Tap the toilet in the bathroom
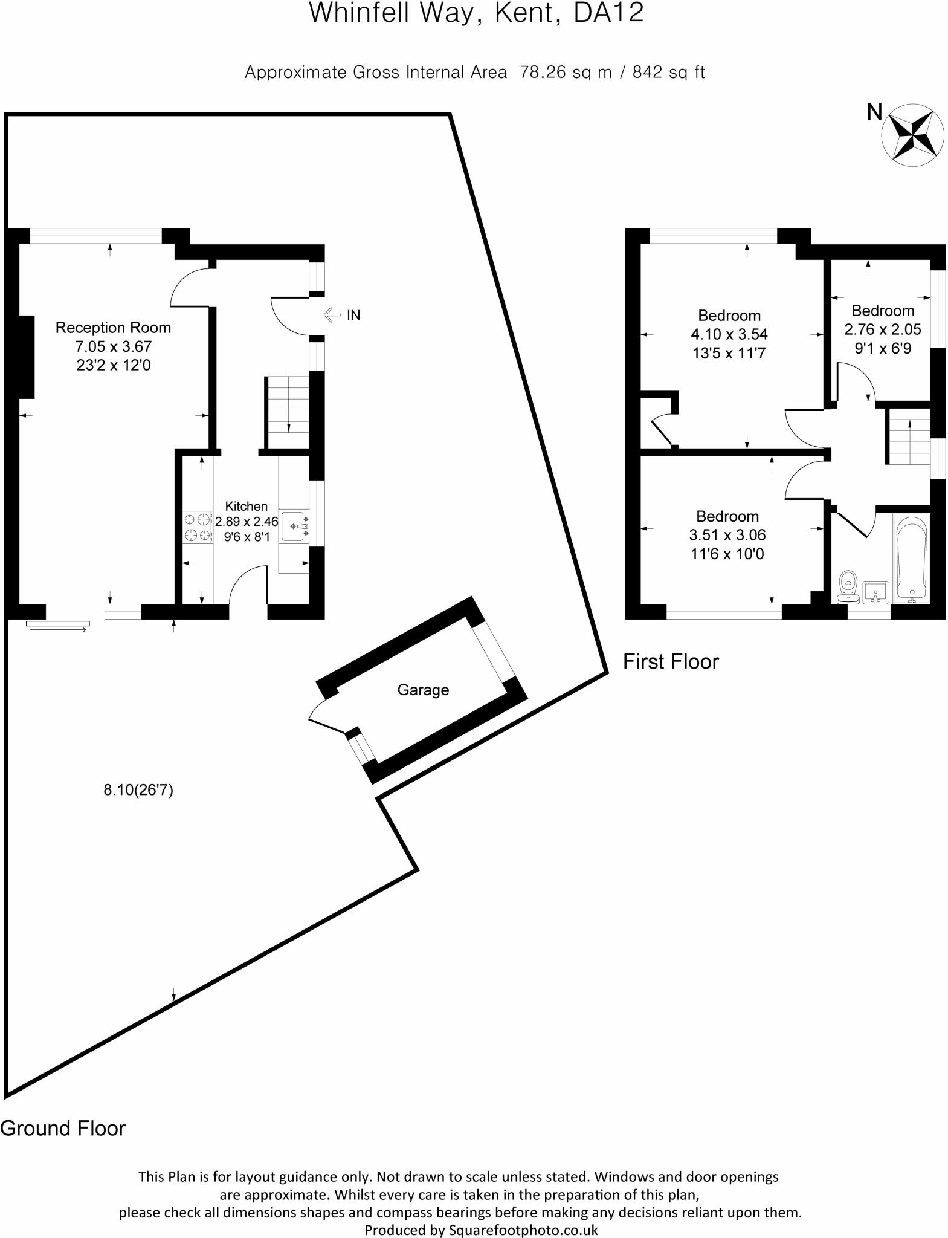pyautogui.click(x=849, y=586)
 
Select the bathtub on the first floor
pyautogui.click(x=911, y=558)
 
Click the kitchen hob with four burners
pyautogui.click(x=198, y=527)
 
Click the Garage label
pyautogui.click(x=423, y=690)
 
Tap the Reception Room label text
pyautogui.click(x=113, y=328)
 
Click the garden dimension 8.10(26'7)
pyautogui.click(x=138, y=789)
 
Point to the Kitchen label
pyautogui.click(x=246, y=506)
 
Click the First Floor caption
pyautogui.click(x=671, y=661)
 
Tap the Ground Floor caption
pyautogui.click(x=63, y=1128)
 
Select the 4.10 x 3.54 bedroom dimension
pyautogui.click(x=729, y=334)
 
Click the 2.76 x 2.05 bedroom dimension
pyautogui.click(x=883, y=329)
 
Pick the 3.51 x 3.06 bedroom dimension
pyautogui.click(x=727, y=535)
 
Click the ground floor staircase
pyautogui.click(x=288, y=412)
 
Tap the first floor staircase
pyautogui.click(x=908, y=436)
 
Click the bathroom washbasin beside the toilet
pyautogui.click(x=875, y=592)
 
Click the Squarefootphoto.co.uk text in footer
pyautogui.click(x=523, y=1230)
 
